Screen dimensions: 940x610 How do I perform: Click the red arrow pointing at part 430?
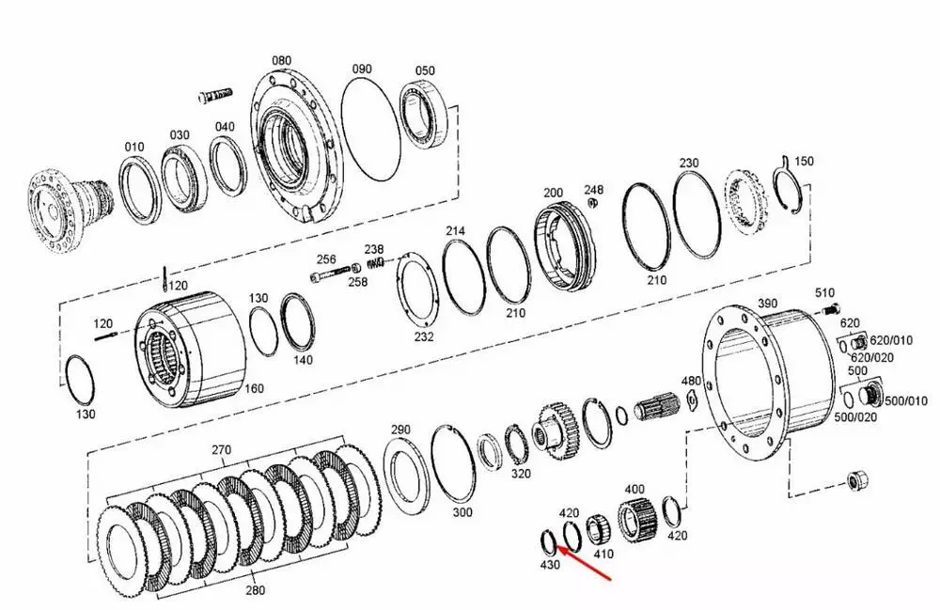(584, 563)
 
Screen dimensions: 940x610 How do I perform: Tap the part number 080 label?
(282, 60)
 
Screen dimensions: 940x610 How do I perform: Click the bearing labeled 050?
(426, 114)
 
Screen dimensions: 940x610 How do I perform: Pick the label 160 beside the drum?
(254, 388)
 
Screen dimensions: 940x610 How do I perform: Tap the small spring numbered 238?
(375, 261)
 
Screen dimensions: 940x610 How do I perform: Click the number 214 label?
(455, 230)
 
